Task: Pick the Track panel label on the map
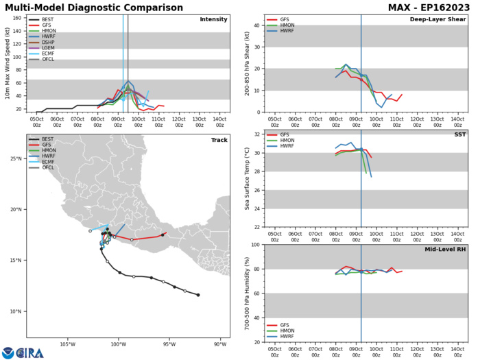click(217, 141)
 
